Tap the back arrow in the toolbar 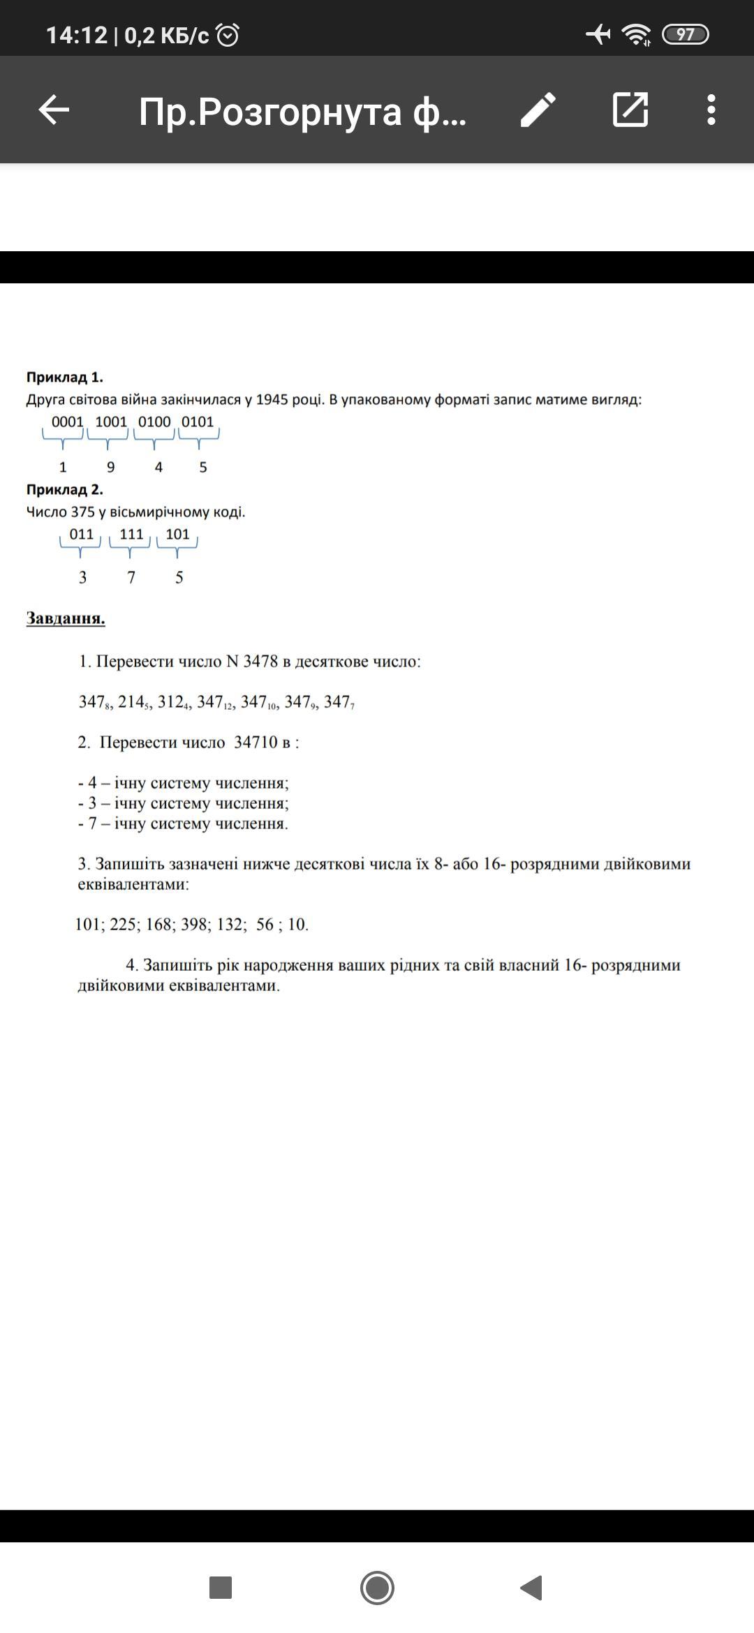pyautogui.click(x=54, y=110)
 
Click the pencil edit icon pyautogui.click(x=538, y=110)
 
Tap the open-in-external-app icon pyautogui.click(x=630, y=110)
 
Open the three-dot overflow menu pyautogui.click(x=711, y=110)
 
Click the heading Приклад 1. pyautogui.click(x=65, y=378)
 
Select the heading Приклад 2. pyautogui.click(x=65, y=490)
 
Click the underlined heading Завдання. pyautogui.click(x=66, y=618)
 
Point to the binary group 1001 pyautogui.click(x=111, y=422)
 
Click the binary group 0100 pyautogui.click(x=154, y=422)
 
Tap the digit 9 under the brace pyautogui.click(x=110, y=467)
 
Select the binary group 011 pyautogui.click(x=82, y=534)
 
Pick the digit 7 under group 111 pyautogui.click(x=131, y=577)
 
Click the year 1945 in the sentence pyautogui.click(x=272, y=400)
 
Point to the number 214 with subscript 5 pyautogui.click(x=133, y=702)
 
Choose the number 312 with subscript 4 pyautogui.click(x=172, y=702)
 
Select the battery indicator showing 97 pyautogui.click(x=685, y=34)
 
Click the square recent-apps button pyautogui.click(x=221, y=1588)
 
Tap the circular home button pyautogui.click(x=377, y=1588)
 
